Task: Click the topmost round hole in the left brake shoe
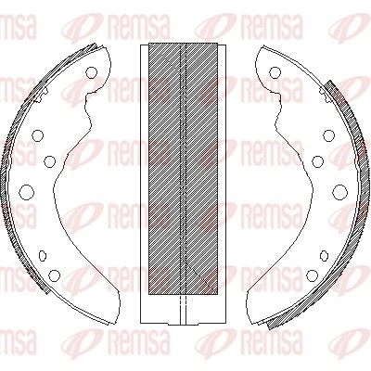click(91, 72)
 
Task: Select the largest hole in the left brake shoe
click(26, 192)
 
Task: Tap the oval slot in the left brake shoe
click(43, 255)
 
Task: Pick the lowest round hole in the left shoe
click(55, 275)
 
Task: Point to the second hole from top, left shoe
click(38, 135)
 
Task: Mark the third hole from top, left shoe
click(49, 161)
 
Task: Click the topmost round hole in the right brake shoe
click(275, 72)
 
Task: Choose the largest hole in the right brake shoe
click(339, 192)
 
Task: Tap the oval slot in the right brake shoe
click(324, 255)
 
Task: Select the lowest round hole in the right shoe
click(313, 275)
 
